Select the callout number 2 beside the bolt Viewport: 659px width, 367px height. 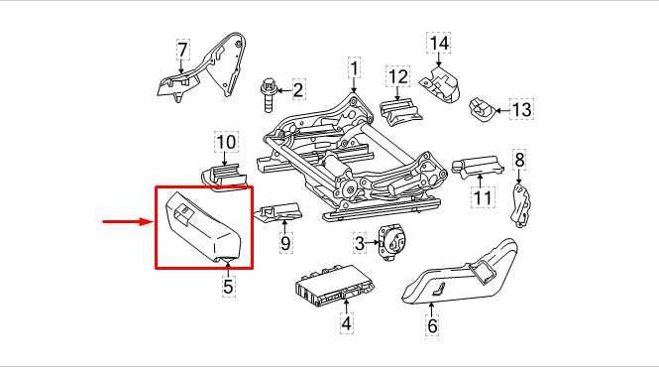298,91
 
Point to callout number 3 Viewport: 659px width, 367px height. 360,241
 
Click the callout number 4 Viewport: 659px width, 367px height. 346,322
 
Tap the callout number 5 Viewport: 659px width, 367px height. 228,288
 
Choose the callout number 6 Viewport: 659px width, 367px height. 432,322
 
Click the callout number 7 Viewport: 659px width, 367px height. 181,49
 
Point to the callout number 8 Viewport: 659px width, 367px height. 518,158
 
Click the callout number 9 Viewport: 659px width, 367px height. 285,241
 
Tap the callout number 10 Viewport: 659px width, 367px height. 226,141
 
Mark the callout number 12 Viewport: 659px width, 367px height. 397,75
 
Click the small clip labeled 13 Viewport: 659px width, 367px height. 483,107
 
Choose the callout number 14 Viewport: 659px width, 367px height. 438,43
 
